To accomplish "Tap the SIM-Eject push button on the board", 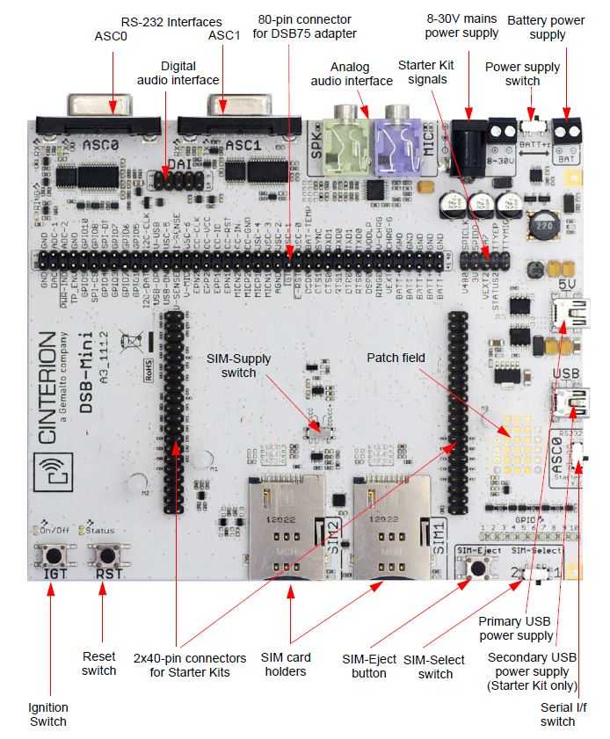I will pos(477,567).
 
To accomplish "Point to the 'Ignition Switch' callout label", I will pos(47,714).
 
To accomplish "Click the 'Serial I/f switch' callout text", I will pos(558,714).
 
